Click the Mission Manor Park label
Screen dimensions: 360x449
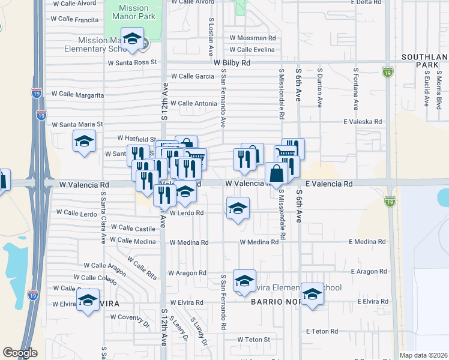pos(133,13)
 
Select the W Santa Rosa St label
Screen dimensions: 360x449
pos(132,62)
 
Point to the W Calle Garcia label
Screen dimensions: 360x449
pos(192,76)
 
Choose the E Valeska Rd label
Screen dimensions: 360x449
pos(363,121)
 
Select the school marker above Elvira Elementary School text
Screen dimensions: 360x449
pos(244,280)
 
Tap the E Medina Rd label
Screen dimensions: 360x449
pos(369,242)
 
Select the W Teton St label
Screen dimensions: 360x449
pos(253,340)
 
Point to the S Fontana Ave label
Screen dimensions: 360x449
pos(356,90)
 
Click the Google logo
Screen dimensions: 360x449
pos(20,353)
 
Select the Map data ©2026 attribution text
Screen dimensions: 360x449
pos(423,355)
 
